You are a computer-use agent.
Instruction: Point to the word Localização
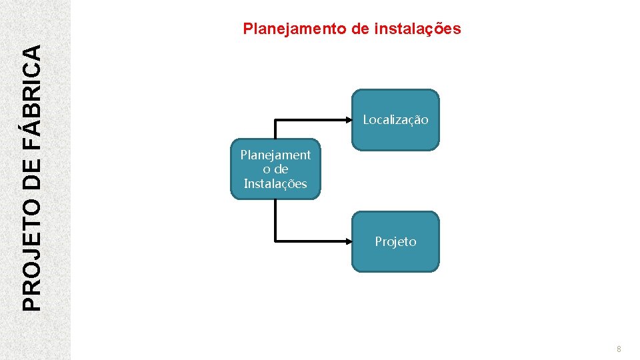[395, 120]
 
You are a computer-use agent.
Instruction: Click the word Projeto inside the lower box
[395, 242]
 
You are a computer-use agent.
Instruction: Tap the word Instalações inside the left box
[275, 184]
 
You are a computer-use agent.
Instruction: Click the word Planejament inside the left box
[275, 155]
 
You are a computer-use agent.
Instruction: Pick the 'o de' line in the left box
[275, 169]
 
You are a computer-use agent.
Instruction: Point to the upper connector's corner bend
[275, 120]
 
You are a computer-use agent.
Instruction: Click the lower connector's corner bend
[275, 241]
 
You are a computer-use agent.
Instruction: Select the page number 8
[619, 349]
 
